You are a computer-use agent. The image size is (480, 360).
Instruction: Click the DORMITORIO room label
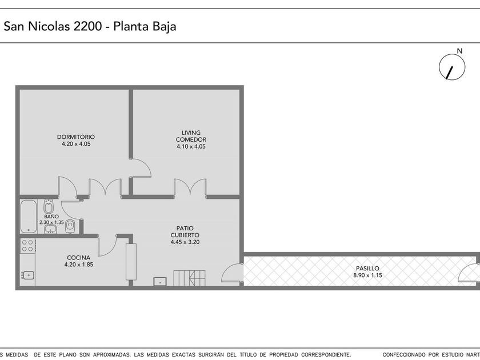pyautogui.click(x=76, y=137)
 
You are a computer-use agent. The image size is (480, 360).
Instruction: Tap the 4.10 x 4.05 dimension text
pyautogui.click(x=191, y=146)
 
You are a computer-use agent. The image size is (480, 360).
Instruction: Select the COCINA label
pyautogui.click(x=79, y=258)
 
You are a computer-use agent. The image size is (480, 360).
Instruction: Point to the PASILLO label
pyautogui.click(x=367, y=268)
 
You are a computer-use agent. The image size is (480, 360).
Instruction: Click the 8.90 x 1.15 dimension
pyautogui.click(x=367, y=275)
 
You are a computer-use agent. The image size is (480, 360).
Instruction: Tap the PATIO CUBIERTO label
pyautogui.click(x=185, y=231)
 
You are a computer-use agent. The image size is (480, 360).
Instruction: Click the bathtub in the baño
pyautogui.click(x=29, y=217)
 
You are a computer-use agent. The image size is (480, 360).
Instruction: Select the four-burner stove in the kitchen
pyautogui.click(x=27, y=246)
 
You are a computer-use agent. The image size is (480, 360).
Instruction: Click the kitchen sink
pyautogui.click(x=28, y=275)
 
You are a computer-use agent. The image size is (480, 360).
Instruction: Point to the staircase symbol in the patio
pyautogui.click(x=190, y=278)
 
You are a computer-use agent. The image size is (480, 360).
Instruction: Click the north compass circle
pyautogui.click(x=452, y=67)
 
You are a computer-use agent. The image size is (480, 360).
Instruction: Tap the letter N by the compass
pyautogui.click(x=459, y=51)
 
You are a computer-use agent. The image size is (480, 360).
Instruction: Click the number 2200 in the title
pyautogui.click(x=87, y=26)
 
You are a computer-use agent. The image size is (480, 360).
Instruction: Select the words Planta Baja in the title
pyautogui.click(x=145, y=27)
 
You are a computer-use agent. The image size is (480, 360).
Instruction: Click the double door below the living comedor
pyautogui.click(x=190, y=187)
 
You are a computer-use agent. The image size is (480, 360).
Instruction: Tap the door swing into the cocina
pyautogui.click(x=107, y=246)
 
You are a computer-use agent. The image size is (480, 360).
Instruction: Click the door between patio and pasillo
pyautogui.click(x=232, y=273)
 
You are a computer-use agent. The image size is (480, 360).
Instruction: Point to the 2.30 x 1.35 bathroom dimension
pyautogui.click(x=51, y=222)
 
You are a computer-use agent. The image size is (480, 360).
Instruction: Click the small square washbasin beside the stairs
pyautogui.click(x=160, y=281)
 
